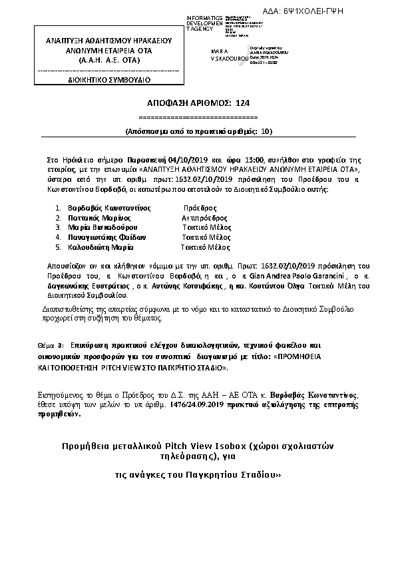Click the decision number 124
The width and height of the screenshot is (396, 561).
coord(242,103)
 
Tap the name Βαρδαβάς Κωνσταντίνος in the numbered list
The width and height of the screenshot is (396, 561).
coord(106,208)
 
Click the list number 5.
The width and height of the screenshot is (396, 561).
coord(58,247)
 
